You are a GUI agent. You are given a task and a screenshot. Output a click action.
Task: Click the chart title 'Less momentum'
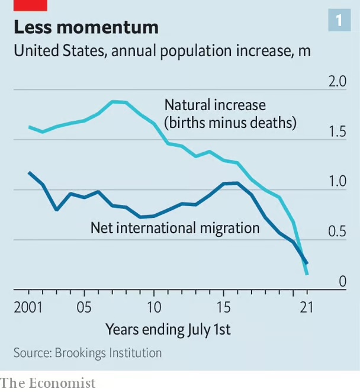(86, 27)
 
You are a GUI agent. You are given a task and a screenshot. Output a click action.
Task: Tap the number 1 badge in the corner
(339, 21)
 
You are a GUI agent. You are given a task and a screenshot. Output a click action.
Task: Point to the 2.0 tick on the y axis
(337, 82)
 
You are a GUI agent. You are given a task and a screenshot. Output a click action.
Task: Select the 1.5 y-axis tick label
(337, 131)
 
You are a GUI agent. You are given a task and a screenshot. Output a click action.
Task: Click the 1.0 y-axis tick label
(337, 182)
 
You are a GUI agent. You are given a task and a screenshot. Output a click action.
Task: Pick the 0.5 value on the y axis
(337, 232)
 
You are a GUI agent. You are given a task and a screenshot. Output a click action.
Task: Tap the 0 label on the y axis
(342, 281)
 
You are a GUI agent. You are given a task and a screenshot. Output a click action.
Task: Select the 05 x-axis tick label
(84, 307)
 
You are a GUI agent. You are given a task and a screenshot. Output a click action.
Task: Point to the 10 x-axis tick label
(153, 307)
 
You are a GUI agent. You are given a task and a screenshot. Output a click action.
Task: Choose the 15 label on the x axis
(223, 307)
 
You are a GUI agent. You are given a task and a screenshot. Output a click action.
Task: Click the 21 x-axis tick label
(306, 307)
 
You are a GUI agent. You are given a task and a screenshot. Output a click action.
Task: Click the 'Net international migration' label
(175, 227)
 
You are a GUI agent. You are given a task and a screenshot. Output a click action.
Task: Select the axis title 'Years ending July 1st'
(168, 329)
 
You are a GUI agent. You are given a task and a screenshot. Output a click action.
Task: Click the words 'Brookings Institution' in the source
(108, 353)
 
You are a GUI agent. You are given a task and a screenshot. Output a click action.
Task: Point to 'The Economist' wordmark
(47, 383)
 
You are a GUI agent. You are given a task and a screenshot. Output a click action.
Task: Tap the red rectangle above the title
(30, 5)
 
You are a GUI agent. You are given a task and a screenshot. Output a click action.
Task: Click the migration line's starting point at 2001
(29, 172)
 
